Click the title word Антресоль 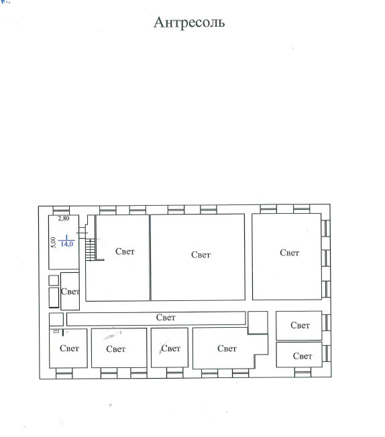(x=189, y=22)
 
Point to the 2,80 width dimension (x=64, y=218)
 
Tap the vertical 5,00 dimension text (x=53, y=242)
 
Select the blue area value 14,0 (x=67, y=244)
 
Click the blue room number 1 (x=66, y=237)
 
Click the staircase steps (x=91, y=249)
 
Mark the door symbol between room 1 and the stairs (x=81, y=233)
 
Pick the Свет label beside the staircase (x=125, y=251)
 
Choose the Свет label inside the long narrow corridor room (x=166, y=318)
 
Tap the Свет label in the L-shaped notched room (x=227, y=349)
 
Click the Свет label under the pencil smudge (x=116, y=349)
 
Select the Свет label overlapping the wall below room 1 (x=70, y=292)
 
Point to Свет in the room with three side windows (x=290, y=253)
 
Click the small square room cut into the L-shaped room (x=258, y=322)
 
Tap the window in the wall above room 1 (x=61, y=210)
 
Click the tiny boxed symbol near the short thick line (x=56, y=331)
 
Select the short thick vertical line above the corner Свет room (x=63, y=332)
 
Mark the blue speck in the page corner (x=5, y=2)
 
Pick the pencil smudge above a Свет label (x=113, y=334)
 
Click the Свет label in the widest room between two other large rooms (x=201, y=255)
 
